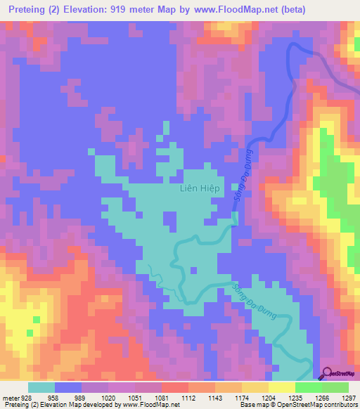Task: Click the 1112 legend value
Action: [188, 397]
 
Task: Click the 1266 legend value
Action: [322, 397]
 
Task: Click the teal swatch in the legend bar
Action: [41, 387]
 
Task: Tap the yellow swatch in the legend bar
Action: [281, 387]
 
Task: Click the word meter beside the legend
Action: [9, 397]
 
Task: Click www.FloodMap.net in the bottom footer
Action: [150, 405]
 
